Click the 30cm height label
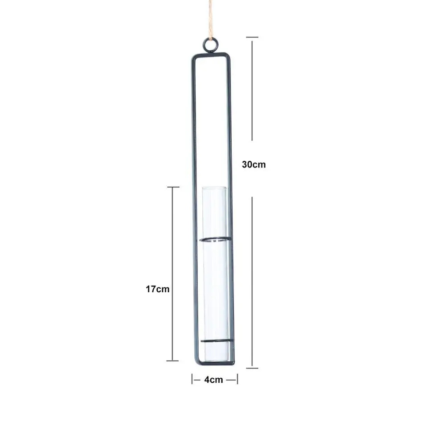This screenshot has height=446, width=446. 254,164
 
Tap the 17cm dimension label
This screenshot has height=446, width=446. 158,289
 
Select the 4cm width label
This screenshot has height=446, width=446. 213,380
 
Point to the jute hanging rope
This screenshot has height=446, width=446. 210,20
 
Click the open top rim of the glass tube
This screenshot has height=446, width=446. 214,188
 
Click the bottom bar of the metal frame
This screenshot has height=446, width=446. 215,363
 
